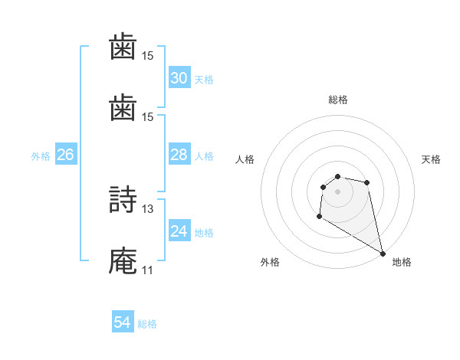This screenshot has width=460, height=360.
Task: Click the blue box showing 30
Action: (179, 78)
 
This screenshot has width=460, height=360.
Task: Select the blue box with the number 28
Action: (179, 155)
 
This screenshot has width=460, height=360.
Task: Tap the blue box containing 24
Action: (179, 231)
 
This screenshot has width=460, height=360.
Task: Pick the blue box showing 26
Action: (65, 155)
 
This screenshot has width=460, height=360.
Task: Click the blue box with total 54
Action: (123, 322)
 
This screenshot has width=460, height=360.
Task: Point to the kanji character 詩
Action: (123, 200)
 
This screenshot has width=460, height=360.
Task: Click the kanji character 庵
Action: (123, 261)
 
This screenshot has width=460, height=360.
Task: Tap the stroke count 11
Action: (148, 270)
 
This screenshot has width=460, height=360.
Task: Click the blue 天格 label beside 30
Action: (204, 80)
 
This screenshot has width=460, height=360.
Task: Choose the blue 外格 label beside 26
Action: (41, 156)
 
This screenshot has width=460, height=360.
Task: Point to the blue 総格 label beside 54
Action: (147, 324)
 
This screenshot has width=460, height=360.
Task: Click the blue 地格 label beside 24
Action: (204, 233)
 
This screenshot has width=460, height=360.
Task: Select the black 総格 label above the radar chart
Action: (338, 100)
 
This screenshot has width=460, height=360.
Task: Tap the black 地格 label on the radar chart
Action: (402, 262)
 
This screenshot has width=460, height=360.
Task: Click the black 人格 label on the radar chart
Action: (245, 159)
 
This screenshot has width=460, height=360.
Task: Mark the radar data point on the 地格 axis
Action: (383, 253)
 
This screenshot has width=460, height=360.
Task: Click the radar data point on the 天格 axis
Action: (367, 182)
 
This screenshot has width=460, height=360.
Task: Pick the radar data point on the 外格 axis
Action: (319, 217)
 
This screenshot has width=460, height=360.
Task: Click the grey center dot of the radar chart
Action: (338, 191)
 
